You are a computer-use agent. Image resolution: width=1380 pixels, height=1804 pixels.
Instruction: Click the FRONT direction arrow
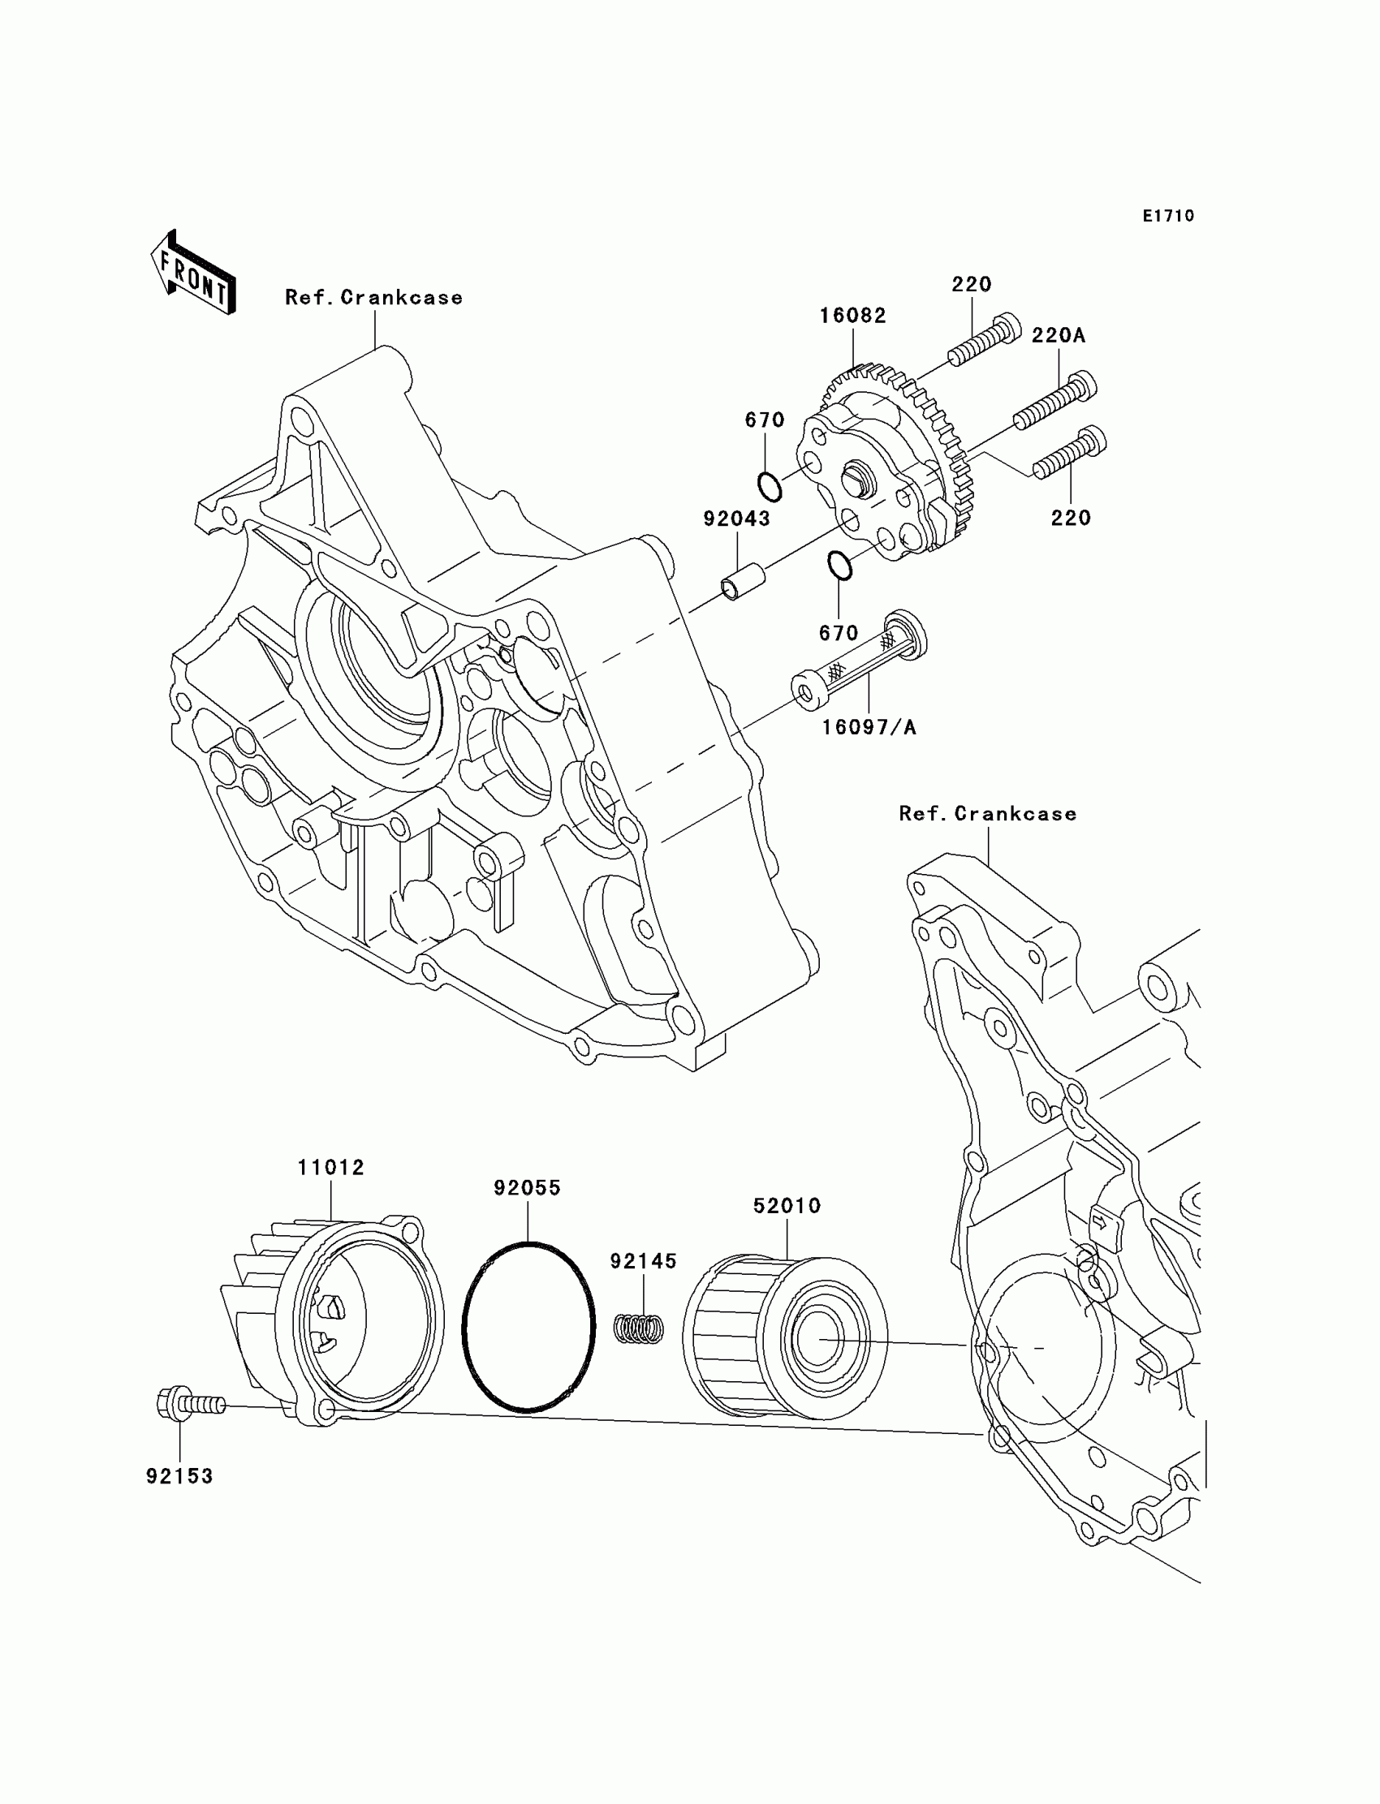point(193,272)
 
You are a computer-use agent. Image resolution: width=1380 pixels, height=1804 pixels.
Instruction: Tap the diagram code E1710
point(1168,216)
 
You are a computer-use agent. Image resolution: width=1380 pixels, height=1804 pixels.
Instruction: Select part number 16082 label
point(852,316)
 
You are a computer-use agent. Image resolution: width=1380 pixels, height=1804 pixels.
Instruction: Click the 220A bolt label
point(1058,335)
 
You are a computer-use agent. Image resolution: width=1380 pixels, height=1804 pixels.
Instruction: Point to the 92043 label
point(737,518)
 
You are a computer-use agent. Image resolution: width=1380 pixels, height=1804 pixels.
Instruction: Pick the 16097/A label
point(869,726)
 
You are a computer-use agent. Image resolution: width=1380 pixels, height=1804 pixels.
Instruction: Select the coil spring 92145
point(640,1329)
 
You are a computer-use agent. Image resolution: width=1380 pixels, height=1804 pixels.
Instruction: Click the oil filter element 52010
point(784,1337)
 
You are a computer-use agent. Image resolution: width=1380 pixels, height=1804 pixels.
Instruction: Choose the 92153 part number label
point(179,1475)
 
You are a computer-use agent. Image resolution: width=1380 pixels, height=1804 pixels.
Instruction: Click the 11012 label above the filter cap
point(331,1167)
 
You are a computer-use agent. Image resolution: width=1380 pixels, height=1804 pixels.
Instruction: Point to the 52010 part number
point(787,1205)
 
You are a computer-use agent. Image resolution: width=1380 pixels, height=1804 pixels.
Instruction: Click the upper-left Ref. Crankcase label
point(373,297)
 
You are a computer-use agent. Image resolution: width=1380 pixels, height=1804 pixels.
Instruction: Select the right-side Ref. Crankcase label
point(987,813)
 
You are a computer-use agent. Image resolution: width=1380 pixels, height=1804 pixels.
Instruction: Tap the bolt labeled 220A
point(1054,403)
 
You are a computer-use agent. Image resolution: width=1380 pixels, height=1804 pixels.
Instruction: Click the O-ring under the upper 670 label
point(770,485)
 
